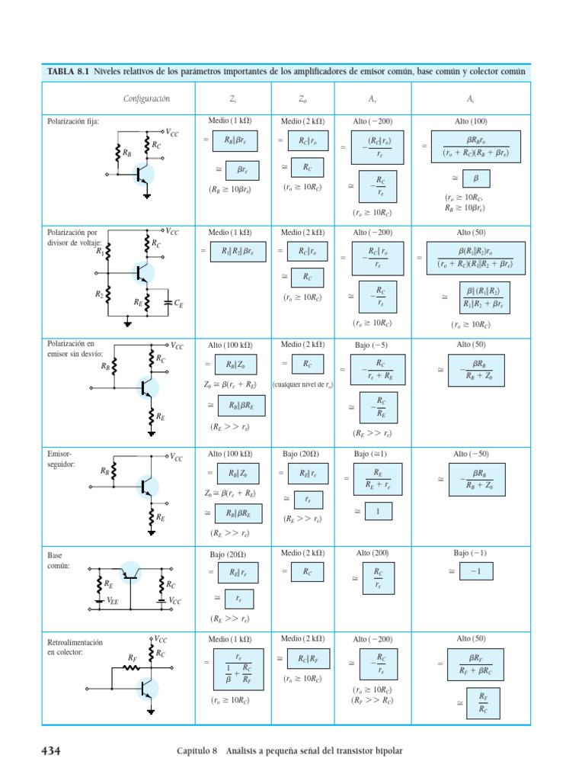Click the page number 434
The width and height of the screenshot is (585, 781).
click(x=50, y=751)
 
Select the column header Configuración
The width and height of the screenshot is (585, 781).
click(x=146, y=98)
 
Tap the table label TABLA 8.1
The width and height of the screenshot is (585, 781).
click(x=68, y=72)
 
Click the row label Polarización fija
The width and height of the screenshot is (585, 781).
click(x=73, y=121)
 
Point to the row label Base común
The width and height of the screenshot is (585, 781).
click(x=59, y=561)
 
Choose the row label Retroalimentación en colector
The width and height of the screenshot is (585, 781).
click(x=75, y=647)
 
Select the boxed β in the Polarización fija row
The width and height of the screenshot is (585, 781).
click(x=477, y=178)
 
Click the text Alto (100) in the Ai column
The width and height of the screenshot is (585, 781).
click(x=472, y=121)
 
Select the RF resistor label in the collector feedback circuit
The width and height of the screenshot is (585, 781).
click(x=132, y=657)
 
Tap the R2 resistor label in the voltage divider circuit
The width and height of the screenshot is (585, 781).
click(x=100, y=293)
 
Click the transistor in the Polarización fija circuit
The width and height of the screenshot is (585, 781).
click(x=142, y=175)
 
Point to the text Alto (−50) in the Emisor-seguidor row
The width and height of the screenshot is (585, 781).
click(x=472, y=453)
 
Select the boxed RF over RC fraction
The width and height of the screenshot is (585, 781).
click(x=483, y=702)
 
